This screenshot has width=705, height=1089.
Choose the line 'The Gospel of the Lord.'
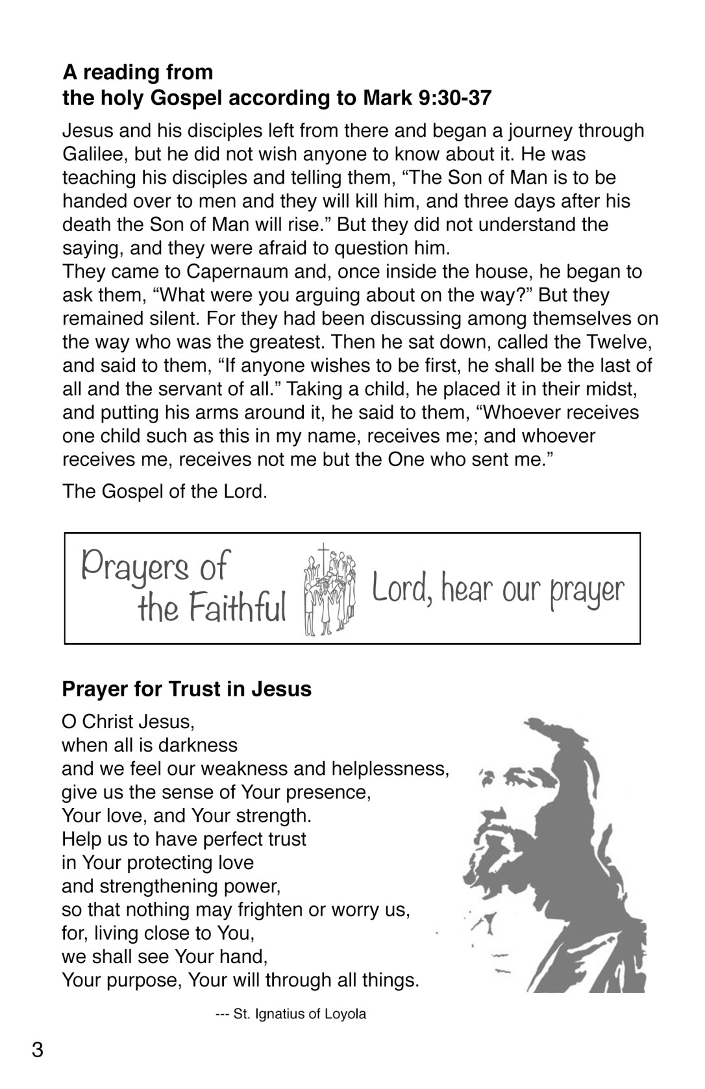point(165,491)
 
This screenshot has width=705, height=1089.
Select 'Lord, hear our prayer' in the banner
point(498,590)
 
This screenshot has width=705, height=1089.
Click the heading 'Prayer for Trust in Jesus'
point(187,689)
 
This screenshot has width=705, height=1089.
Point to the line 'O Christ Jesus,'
point(128,722)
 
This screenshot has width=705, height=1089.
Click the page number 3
point(38,1049)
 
